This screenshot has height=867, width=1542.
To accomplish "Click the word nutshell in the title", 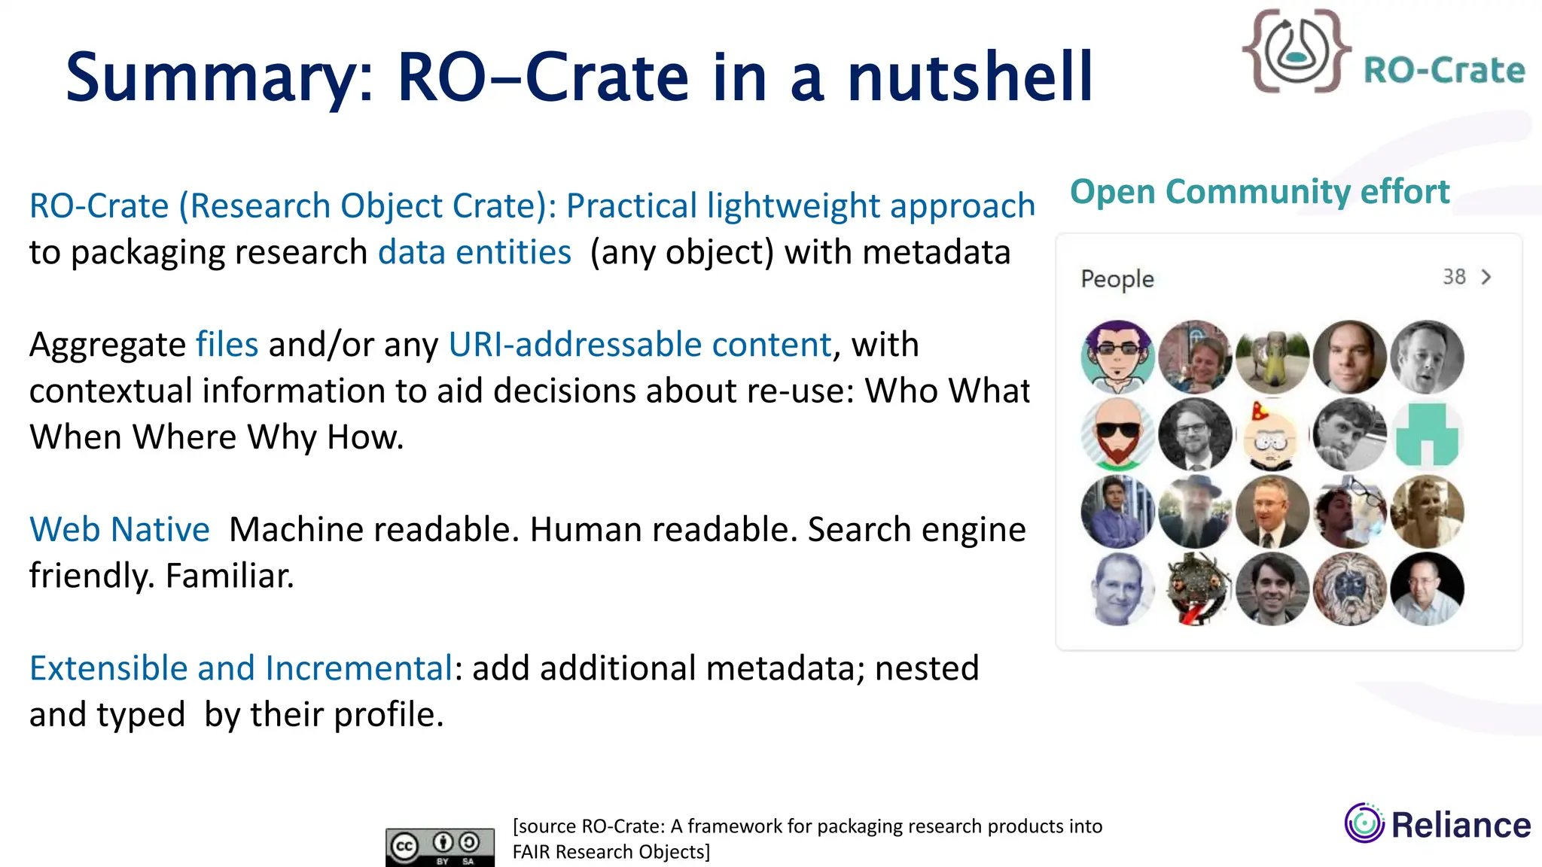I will [x=969, y=77].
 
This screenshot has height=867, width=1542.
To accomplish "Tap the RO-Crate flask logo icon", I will [x=1297, y=51].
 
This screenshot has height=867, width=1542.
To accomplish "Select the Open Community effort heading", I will [x=1259, y=192].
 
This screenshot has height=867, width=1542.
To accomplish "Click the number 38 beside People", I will [x=1454, y=277].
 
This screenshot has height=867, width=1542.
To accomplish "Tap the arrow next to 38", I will [x=1486, y=277].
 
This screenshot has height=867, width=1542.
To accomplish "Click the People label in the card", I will [x=1117, y=278].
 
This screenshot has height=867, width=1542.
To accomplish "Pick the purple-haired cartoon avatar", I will [x=1117, y=357].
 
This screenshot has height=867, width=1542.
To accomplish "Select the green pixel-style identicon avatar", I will [x=1427, y=434].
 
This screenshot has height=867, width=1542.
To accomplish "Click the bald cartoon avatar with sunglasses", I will [x=1117, y=434].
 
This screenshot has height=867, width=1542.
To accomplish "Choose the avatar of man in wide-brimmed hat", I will [x=1195, y=511].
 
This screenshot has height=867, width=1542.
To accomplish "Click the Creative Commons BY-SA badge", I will [x=440, y=847].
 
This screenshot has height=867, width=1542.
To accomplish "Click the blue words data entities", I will [x=474, y=252].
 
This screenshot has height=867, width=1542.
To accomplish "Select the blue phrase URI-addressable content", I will [x=640, y=345].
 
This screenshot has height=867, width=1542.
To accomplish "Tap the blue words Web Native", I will [x=119, y=530].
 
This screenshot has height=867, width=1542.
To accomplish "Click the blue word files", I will [x=227, y=345].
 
